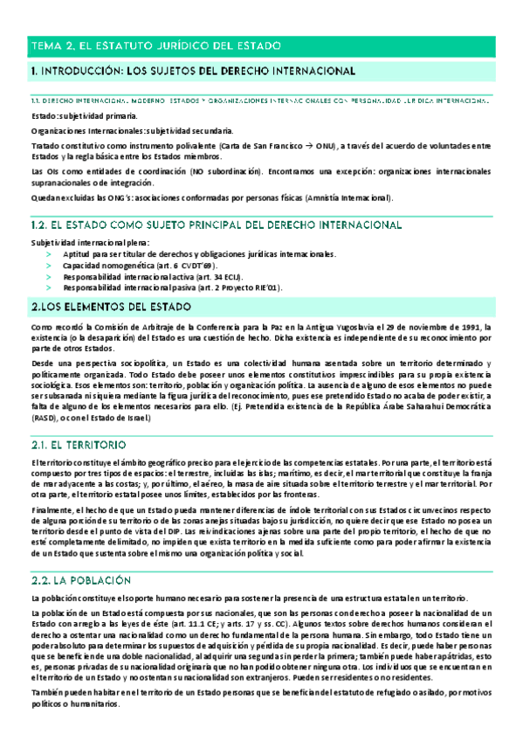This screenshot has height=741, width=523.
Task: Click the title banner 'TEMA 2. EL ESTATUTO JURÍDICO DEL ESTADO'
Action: (x=166, y=45)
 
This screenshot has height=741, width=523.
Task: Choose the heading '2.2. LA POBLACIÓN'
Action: (x=80, y=555)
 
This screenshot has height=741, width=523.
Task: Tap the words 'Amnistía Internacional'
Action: (x=349, y=197)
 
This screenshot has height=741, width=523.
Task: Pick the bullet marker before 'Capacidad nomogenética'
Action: (x=49, y=265)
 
